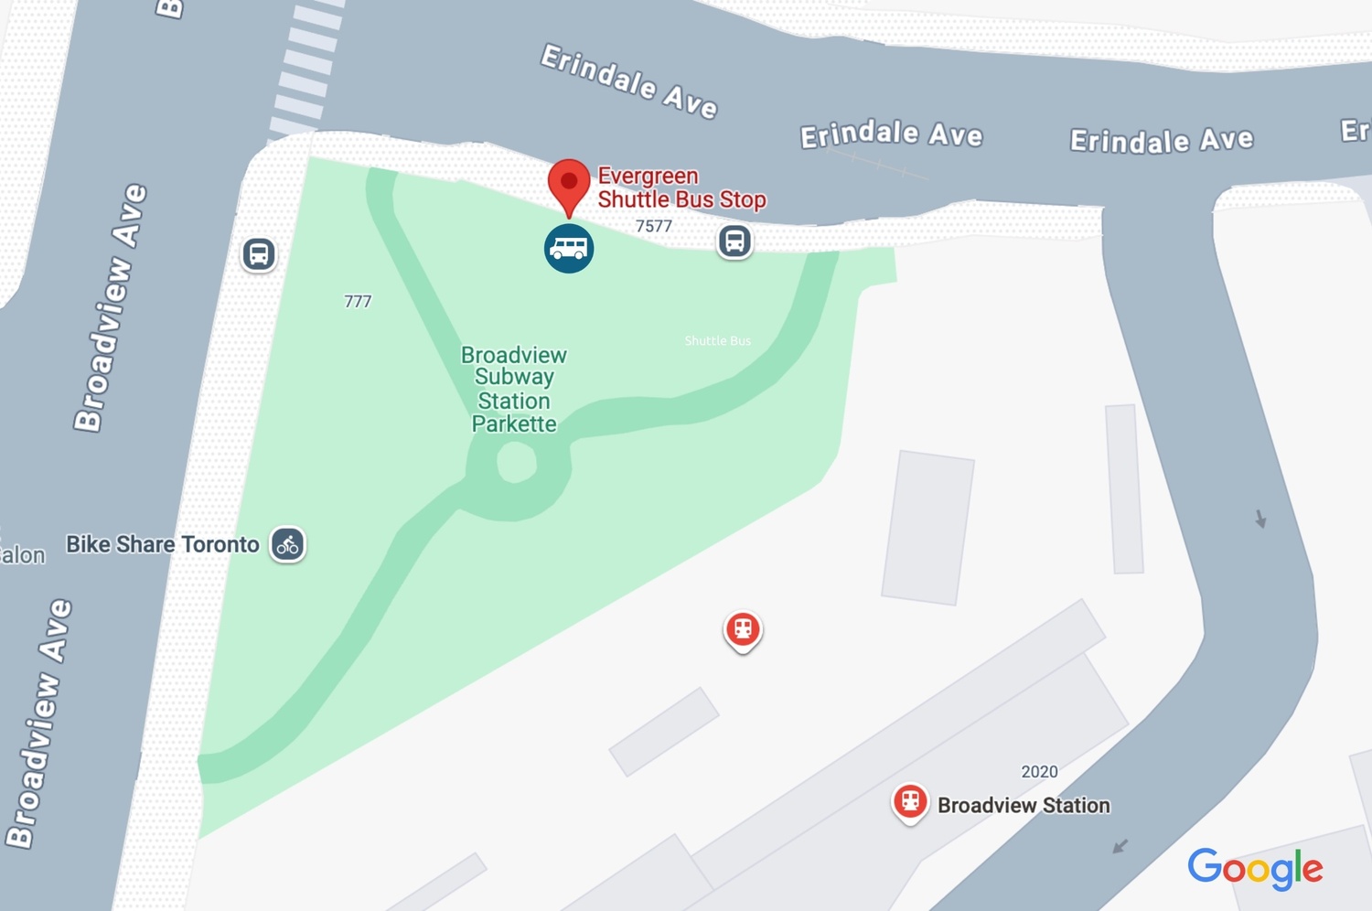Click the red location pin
click(x=568, y=184)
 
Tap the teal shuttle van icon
click(x=569, y=249)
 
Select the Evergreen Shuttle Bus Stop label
click(x=681, y=188)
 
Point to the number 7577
click(x=654, y=226)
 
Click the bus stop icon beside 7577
click(x=734, y=241)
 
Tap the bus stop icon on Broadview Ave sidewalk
click(x=259, y=253)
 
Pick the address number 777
click(x=358, y=301)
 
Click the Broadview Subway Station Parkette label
click(x=514, y=390)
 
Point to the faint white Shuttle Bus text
click(x=718, y=341)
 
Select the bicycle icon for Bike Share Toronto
click(x=287, y=545)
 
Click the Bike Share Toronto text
click(x=163, y=545)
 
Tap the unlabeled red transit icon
click(x=743, y=630)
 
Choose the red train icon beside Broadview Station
click(x=910, y=802)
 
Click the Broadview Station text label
click(x=1024, y=806)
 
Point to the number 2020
click(x=1039, y=772)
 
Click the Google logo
click(x=1255, y=868)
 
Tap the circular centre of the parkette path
click(x=516, y=463)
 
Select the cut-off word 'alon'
click(x=23, y=555)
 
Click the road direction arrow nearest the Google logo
click(x=1120, y=846)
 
